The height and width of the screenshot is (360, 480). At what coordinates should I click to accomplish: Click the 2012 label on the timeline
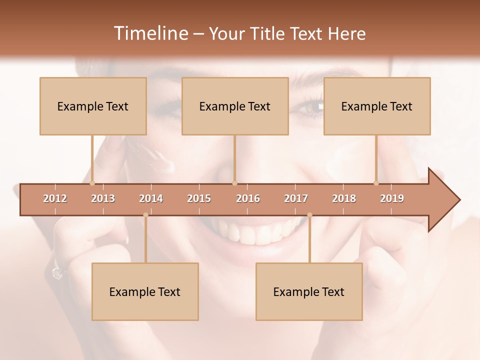(55, 198)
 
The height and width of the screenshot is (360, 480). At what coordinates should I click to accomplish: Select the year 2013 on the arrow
(103, 198)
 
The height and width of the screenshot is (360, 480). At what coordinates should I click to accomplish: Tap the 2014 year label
(151, 198)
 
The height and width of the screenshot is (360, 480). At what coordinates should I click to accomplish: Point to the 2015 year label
(199, 198)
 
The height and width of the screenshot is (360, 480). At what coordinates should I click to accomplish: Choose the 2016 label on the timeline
(248, 198)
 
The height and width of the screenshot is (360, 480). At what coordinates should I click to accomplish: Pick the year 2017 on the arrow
(296, 198)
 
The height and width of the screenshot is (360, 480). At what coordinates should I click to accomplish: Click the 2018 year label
(344, 198)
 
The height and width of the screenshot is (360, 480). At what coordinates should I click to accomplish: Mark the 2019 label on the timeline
(392, 198)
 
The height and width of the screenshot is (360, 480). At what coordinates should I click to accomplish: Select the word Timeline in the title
(150, 33)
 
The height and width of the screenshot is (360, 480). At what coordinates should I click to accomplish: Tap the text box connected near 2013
(93, 106)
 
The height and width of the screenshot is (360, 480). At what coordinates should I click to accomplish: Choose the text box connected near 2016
(235, 106)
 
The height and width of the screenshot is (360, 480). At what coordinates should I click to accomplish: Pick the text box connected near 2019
(377, 106)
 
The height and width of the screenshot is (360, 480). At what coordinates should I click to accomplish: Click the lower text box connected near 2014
(145, 291)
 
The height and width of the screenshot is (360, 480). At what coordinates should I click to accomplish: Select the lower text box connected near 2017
(309, 291)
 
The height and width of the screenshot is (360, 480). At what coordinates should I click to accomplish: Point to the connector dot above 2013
(92, 183)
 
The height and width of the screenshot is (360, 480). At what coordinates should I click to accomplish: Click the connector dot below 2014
(145, 215)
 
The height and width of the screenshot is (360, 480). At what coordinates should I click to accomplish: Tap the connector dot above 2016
(234, 183)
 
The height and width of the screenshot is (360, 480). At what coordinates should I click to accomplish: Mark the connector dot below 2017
(309, 215)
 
